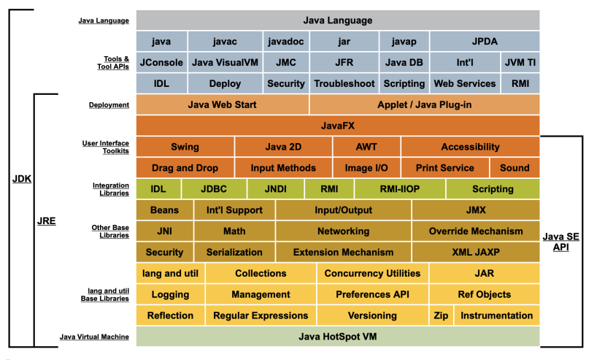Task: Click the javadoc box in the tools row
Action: point(287,41)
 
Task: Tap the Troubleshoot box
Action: point(344,83)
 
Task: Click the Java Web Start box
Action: point(222,104)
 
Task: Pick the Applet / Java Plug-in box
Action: point(424,104)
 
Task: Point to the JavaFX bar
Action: point(337,126)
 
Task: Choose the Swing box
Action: point(185,147)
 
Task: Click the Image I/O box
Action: point(366,168)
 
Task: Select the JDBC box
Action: point(214,189)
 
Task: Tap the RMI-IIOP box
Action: point(399,189)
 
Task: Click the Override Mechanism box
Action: point(475,231)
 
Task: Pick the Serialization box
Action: point(234,253)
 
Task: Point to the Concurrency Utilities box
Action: point(372,274)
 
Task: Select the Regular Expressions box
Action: point(261,315)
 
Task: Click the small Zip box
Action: point(441,315)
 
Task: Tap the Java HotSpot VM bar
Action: point(337,337)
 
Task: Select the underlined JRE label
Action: point(47,219)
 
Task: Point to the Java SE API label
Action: point(560,242)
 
